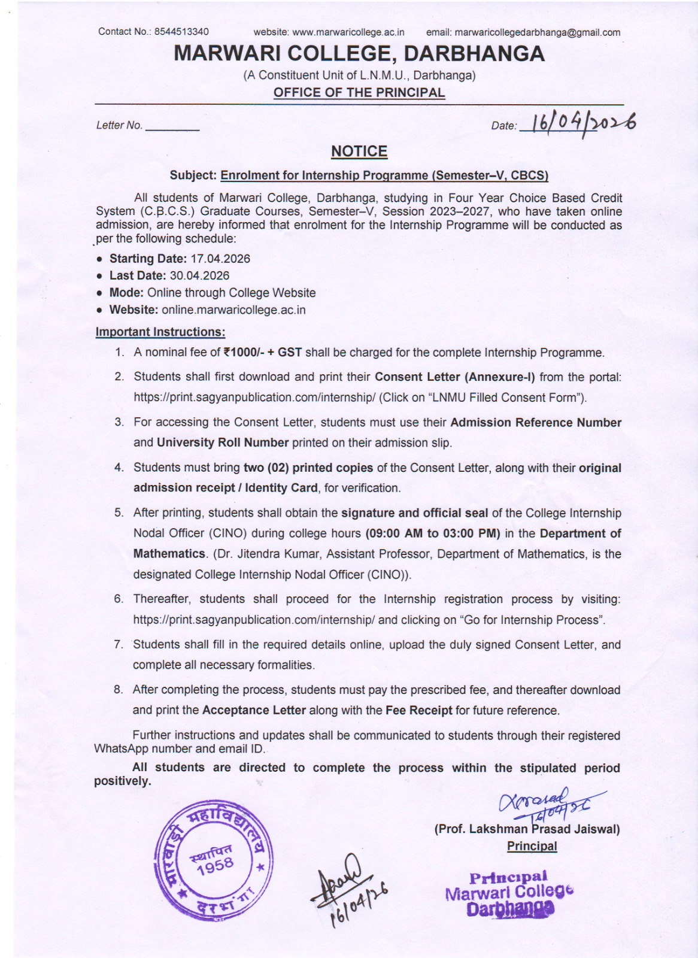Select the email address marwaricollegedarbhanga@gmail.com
pyautogui.click(x=537, y=33)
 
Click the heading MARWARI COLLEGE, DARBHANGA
pyautogui.click(x=359, y=54)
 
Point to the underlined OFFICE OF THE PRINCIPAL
pyautogui.click(x=359, y=93)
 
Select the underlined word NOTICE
pyautogui.click(x=359, y=151)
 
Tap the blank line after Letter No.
pyautogui.click(x=172, y=127)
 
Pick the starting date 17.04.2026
pyautogui.click(x=220, y=259)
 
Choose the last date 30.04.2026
pyautogui.click(x=199, y=275)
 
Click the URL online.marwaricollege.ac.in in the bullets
pyautogui.click(x=233, y=310)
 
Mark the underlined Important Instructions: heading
pyautogui.click(x=160, y=332)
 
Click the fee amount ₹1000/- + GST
pyautogui.click(x=262, y=353)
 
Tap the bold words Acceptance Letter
pyautogui.click(x=254, y=710)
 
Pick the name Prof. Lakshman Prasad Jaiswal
pyautogui.click(x=527, y=829)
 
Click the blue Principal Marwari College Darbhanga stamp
pyautogui.click(x=509, y=894)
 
